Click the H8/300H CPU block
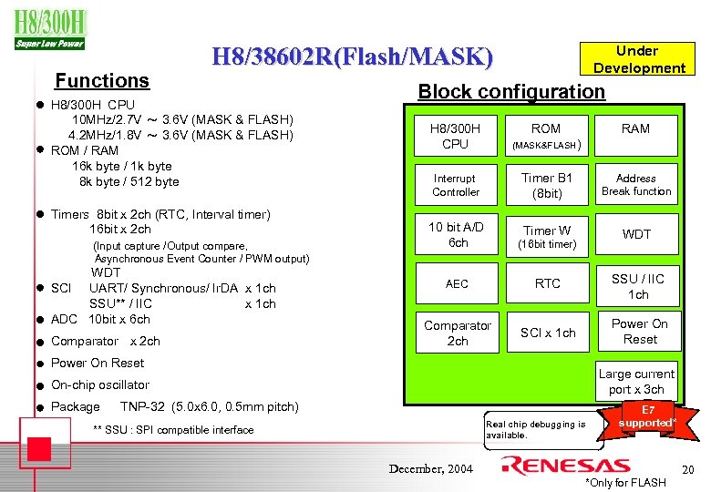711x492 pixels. (x=455, y=136)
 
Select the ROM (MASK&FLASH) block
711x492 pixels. (x=547, y=136)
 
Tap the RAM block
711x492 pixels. (x=635, y=129)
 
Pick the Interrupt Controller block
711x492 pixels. (x=455, y=185)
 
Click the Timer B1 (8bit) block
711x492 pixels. (x=547, y=186)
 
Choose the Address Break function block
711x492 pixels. (x=635, y=185)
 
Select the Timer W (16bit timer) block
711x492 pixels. (x=547, y=237)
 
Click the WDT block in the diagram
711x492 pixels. (x=636, y=235)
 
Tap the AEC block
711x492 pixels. (x=457, y=284)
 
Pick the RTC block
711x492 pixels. (x=548, y=284)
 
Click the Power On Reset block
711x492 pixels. (x=639, y=332)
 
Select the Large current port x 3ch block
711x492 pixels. (x=636, y=382)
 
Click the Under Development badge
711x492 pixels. (x=638, y=59)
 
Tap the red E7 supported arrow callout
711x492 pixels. (x=645, y=418)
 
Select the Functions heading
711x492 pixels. (x=102, y=81)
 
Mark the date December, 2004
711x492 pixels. (x=431, y=468)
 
